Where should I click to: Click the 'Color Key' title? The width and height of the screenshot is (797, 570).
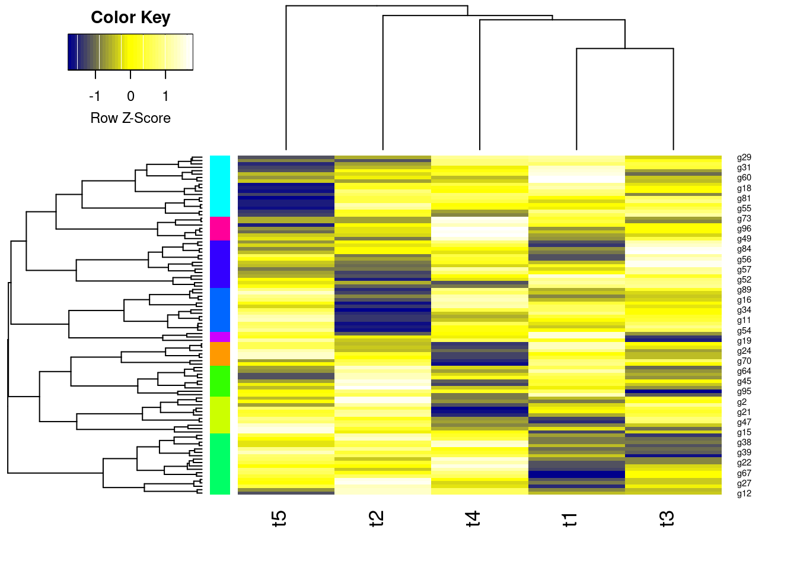coord(130,18)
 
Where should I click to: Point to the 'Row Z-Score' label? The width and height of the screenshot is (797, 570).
coord(130,118)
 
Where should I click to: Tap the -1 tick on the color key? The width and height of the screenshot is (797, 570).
coord(95,96)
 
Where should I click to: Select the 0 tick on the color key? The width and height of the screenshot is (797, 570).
coord(130,96)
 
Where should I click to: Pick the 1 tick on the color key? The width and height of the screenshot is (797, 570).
coord(165,96)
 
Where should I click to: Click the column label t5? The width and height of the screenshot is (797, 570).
coord(279,518)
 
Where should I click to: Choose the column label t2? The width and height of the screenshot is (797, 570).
coord(377,518)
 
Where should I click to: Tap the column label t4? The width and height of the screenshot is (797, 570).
coord(473,518)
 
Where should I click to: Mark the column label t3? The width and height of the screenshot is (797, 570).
coord(667,518)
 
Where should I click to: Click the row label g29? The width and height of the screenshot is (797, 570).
coord(744,157)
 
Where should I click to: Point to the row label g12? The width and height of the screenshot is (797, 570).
coord(744,493)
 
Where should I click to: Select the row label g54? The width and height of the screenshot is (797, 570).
coord(744,331)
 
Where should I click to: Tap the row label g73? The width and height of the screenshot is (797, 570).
coord(744,218)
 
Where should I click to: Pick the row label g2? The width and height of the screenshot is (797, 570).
coord(741,402)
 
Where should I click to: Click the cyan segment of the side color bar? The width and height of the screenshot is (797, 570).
coord(219,186)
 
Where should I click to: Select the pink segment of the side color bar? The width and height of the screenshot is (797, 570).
coord(219,229)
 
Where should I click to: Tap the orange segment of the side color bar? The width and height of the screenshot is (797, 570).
coord(219,354)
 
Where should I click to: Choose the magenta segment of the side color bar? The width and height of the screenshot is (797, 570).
coord(219,337)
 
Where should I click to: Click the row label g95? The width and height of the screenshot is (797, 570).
coord(744,391)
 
